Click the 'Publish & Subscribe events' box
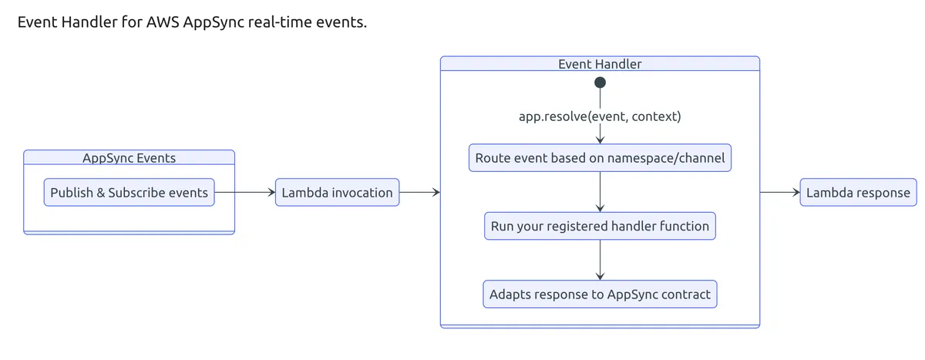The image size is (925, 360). click(x=129, y=193)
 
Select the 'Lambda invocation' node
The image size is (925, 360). click(x=337, y=193)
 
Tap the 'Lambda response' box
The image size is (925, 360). click(x=858, y=193)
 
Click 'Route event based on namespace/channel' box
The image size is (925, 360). click(x=600, y=159)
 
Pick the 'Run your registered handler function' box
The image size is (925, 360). click(x=600, y=227)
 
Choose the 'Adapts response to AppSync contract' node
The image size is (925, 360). click(x=600, y=294)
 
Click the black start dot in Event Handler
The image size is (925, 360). click(x=600, y=82)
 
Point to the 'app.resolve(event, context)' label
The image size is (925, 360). click(x=600, y=117)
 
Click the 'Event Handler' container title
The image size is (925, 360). click(x=600, y=64)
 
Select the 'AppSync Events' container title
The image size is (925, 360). click(x=129, y=158)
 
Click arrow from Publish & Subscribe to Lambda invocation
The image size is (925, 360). click(x=244, y=193)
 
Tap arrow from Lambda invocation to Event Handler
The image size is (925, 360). click(x=419, y=193)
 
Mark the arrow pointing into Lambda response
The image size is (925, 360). click(x=780, y=193)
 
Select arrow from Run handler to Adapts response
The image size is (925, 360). click(x=600, y=260)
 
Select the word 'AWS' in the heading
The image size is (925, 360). click(x=163, y=22)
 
